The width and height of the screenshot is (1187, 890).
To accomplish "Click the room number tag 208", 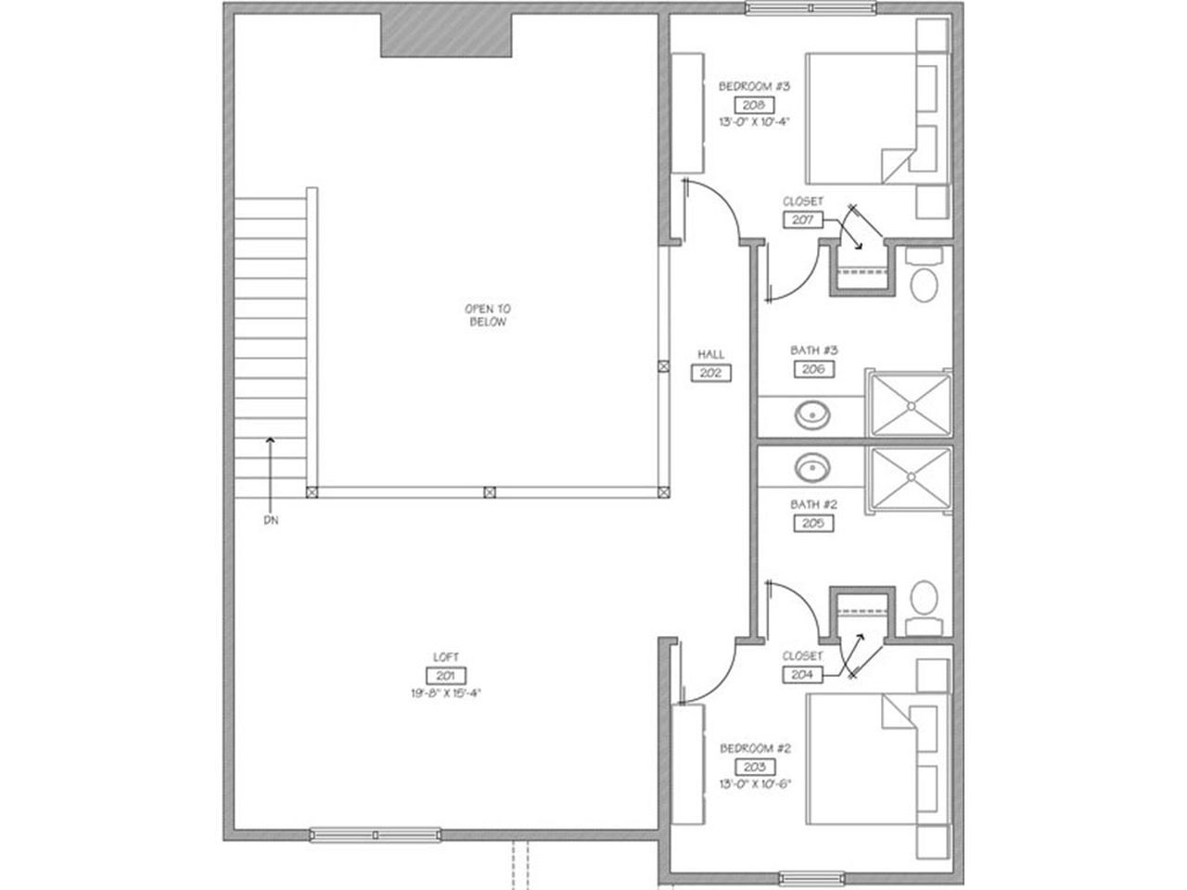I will [753, 105].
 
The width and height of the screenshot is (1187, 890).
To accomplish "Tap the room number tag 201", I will [445, 676].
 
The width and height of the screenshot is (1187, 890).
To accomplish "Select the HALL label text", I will [711, 354].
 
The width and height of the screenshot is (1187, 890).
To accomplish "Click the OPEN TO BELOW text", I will [488, 315].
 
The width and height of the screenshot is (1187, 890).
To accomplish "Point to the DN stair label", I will [271, 521].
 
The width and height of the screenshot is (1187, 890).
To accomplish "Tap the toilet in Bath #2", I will [924, 597].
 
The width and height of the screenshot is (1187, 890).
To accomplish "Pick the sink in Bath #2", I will [813, 466].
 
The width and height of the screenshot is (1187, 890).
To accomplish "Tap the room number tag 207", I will [803, 220].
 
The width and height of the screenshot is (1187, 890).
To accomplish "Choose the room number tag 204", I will [803, 675].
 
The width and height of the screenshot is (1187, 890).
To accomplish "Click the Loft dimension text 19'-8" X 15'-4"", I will [445, 693].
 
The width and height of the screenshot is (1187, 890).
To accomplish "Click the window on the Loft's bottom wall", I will [375, 834].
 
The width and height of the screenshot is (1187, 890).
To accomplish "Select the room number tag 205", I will [813, 523].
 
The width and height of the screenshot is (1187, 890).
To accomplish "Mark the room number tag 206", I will [813, 369].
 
